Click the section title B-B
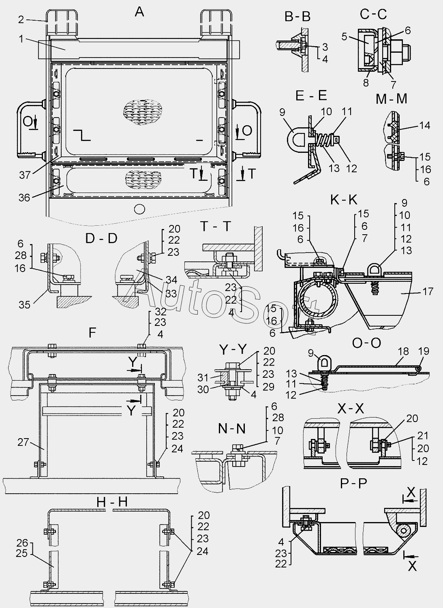point(297,17)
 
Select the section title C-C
point(373,14)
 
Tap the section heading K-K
point(344,200)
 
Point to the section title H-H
point(112,503)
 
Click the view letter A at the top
point(139,12)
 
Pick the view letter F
point(92,332)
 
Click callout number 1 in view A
point(21,39)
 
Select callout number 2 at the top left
point(21,19)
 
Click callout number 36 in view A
point(24,197)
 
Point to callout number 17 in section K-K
point(428,291)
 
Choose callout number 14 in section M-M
point(425,125)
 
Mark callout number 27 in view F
point(23,442)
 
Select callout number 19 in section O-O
point(424,351)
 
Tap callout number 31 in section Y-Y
point(203,377)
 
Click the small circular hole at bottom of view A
point(140,209)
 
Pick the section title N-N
point(232,429)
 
